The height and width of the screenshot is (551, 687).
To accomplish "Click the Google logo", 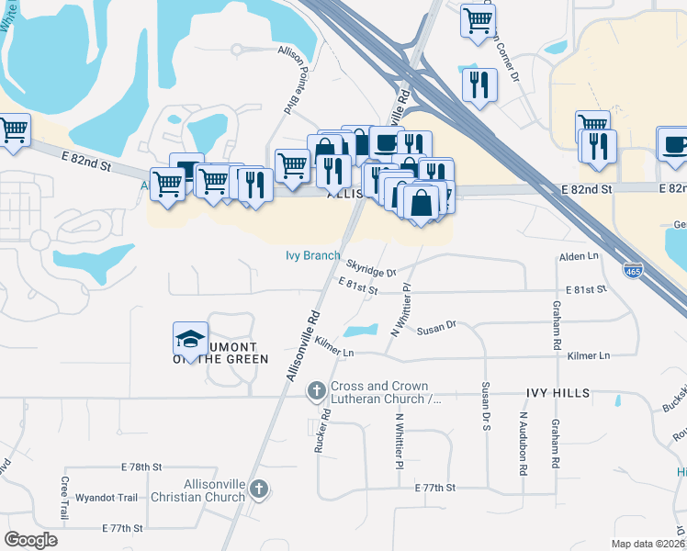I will (x=30, y=540).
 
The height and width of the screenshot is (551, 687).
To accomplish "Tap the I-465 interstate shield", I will (x=633, y=271).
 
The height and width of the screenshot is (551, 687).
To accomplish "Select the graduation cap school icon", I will (x=191, y=340).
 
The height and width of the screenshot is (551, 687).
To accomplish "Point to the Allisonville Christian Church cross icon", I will (x=259, y=490).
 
